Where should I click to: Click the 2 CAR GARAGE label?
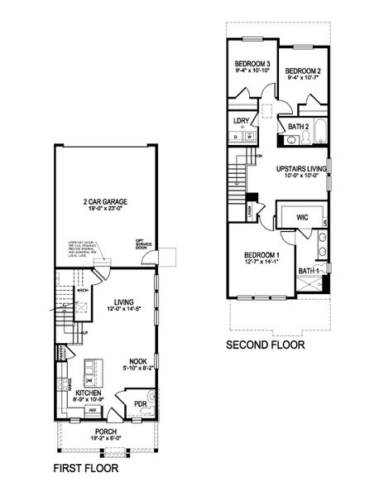(x=103, y=202)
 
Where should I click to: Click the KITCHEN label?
(x=89, y=393)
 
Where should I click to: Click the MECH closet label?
(x=82, y=291)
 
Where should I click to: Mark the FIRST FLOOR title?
(x=85, y=469)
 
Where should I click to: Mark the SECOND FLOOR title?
(x=265, y=345)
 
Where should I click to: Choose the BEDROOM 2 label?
(x=303, y=72)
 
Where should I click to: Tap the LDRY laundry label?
(x=242, y=120)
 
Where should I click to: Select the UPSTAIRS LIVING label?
(x=301, y=168)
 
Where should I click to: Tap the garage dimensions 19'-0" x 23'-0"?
(x=103, y=210)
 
